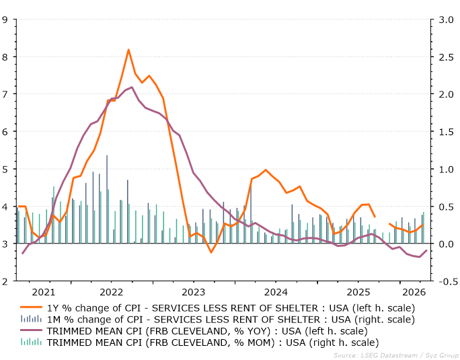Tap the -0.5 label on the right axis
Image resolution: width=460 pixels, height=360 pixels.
(448, 281)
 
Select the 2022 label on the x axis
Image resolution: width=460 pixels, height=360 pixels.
(111, 292)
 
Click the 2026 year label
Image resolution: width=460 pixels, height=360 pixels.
(414, 292)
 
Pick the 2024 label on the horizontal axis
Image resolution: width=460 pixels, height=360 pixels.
(276, 292)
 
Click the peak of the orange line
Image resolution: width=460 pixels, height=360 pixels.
(128, 50)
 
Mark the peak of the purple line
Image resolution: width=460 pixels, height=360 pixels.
(132, 87)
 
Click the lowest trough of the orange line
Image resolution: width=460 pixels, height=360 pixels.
(211, 252)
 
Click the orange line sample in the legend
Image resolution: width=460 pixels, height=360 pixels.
(31, 307)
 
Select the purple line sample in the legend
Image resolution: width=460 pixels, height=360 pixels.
(31, 330)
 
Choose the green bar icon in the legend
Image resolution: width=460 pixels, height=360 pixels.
(31, 342)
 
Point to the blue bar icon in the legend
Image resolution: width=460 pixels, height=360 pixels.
(31, 318)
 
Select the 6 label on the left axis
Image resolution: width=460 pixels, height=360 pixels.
(5, 132)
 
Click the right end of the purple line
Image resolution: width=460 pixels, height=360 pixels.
(426, 250)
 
